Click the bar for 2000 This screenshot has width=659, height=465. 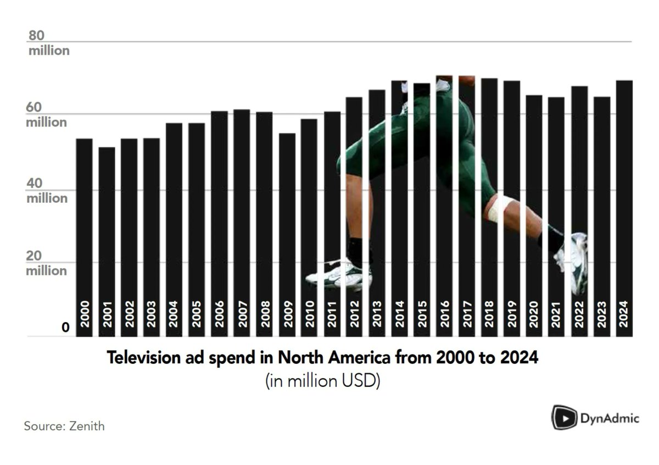pyautogui.click(x=84, y=231)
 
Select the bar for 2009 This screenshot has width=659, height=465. pyautogui.click(x=287, y=231)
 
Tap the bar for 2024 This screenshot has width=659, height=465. pyautogui.click(x=624, y=209)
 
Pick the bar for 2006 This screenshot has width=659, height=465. pyautogui.click(x=220, y=220)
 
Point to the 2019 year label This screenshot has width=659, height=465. pyautogui.click(x=511, y=314)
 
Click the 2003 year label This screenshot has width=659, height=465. pyautogui.click(x=152, y=314)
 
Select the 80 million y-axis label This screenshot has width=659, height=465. pyautogui.click(x=48, y=43)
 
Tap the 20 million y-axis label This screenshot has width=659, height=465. pyautogui.click(x=47, y=263)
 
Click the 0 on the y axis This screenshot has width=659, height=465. pyautogui.click(x=65, y=328)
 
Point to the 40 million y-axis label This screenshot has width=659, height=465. pyautogui.click(x=47, y=191)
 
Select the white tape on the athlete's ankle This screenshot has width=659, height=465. pyautogui.click(x=499, y=208)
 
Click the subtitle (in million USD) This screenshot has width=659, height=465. pyautogui.click(x=323, y=381)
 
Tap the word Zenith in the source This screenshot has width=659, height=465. pyautogui.click(x=87, y=425)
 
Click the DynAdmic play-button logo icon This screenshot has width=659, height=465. pyautogui.click(x=563, y=417)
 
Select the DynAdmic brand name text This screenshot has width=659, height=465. pyautogui.click(x=610, y=418)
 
